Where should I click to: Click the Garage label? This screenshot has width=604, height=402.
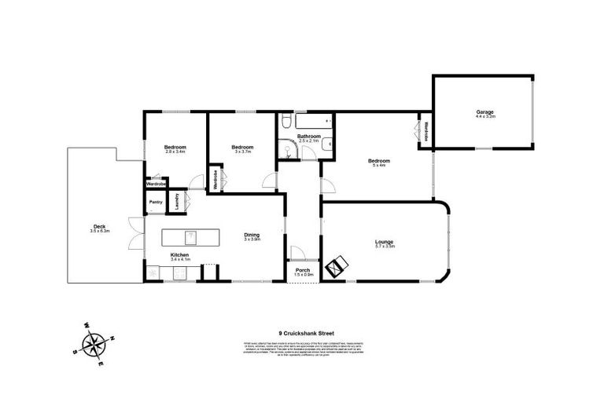tap(484, 112)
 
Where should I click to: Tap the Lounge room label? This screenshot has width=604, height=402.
tap(385, 242)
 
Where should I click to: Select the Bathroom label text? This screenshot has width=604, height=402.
tap(308, 137)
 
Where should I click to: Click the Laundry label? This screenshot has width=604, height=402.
tap(176, 203)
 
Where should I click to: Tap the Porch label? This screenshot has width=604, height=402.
tap(304, 270)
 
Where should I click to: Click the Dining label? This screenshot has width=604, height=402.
tap(251, 235)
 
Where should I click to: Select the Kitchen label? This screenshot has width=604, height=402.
tap(180, 254)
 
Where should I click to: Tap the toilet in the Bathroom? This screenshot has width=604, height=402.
tap(289, 153)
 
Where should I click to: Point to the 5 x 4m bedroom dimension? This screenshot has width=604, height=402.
tap(380, 166)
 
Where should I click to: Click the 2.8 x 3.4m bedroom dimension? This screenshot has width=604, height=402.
tap(175, 152)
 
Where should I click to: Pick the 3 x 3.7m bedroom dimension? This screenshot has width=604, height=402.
tap(242, 152)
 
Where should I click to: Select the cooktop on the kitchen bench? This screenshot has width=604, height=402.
tap(179, 272)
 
